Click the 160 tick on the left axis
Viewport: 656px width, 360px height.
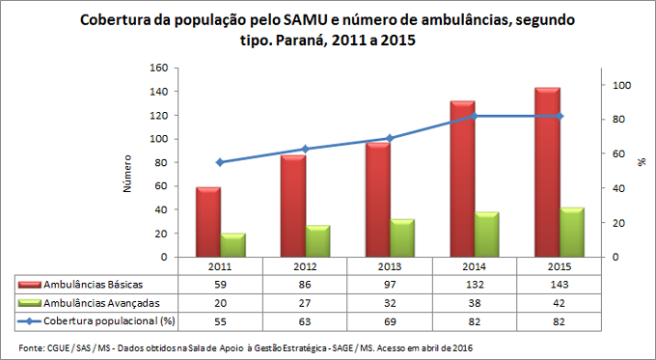click(158, 68)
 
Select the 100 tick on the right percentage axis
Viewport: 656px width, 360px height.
click(623, 86)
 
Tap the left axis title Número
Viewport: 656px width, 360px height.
click(127, 173)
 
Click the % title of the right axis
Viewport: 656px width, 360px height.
click(641, 163)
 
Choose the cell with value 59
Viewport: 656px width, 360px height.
click(221, 285)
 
